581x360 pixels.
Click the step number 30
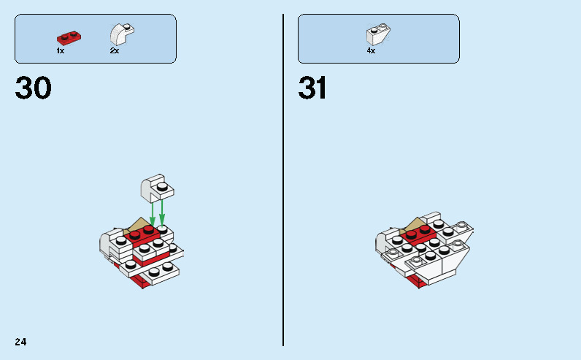click(x=34, y=89)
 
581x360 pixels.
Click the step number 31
click(x=312, y=89)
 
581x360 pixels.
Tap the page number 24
click(x=20, y=342)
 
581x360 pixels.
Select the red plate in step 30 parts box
click(x=69, y=37)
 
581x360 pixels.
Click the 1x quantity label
click(x=61, y=51)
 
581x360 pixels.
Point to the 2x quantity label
click(x=115, y=51)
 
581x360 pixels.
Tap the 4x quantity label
click(x=371, y=51)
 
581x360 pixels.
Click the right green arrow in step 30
click(x=162, y=211)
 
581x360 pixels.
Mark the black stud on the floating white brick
click(x=166, y=188)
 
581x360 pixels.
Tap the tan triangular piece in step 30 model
click(x=139, y=225)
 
